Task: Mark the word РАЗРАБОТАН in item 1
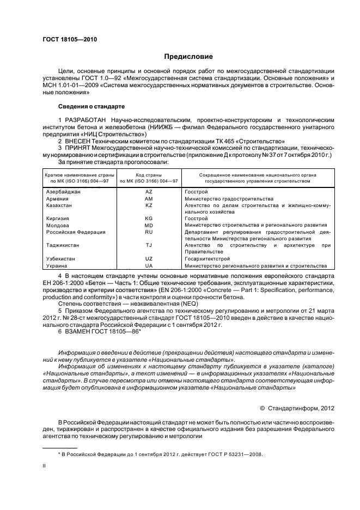[87, 119]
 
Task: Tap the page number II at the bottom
[45, 466]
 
